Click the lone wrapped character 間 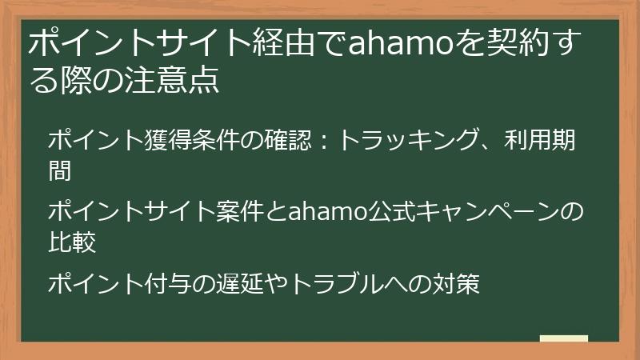(61, 169)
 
